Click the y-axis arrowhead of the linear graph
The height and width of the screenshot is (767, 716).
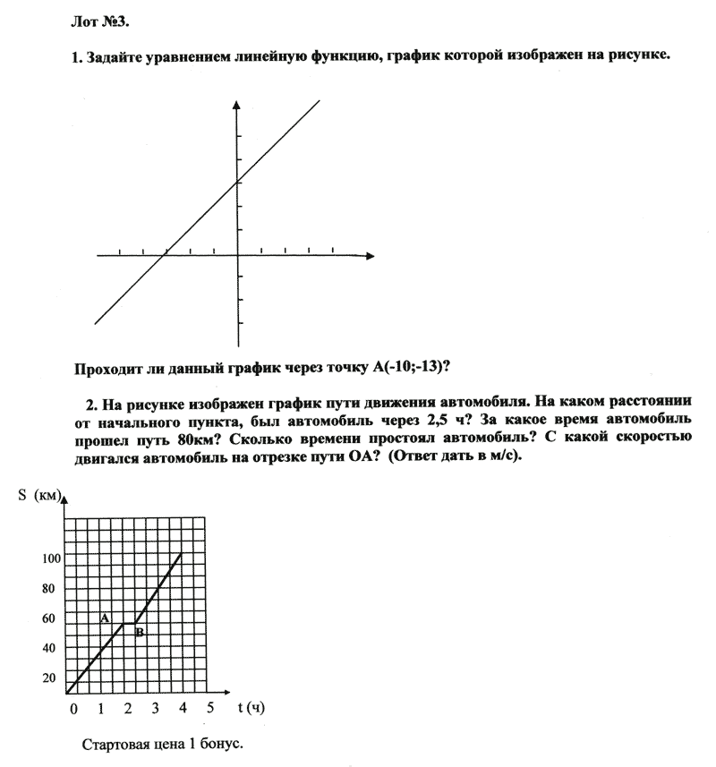point(237,107)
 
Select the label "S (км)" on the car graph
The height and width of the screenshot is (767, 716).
point(39,499)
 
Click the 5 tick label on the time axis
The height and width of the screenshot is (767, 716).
point(210,708)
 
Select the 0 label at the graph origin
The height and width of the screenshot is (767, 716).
point(73,708)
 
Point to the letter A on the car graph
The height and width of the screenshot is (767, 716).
point(105,618)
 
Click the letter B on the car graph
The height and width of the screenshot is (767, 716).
point(140,633)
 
